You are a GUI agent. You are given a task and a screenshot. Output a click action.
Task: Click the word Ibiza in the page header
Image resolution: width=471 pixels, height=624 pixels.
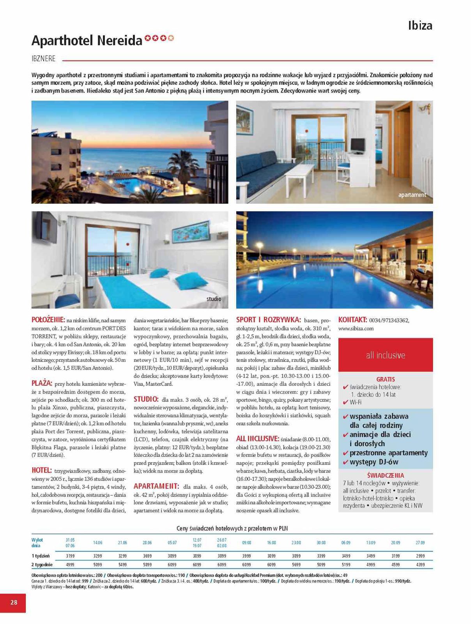click(420, 26)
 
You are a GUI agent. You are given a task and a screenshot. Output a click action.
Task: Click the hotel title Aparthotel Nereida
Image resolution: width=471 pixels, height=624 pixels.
click(87, 41)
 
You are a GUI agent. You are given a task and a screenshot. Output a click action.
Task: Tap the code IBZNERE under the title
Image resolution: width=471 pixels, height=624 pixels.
click(43, 59)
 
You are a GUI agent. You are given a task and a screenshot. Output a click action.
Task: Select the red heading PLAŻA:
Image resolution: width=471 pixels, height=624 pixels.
click(42, 383)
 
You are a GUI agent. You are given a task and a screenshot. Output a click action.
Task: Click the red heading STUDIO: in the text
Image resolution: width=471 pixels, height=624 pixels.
click(146, 399)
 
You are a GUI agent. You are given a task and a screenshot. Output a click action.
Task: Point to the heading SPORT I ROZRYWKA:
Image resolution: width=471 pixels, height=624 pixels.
click(268, 320)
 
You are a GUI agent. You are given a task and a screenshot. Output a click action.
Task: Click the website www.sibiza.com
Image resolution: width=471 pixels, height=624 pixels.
click(356, 328)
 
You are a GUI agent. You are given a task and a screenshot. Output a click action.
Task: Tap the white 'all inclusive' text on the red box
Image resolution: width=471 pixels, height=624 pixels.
click(385, 355)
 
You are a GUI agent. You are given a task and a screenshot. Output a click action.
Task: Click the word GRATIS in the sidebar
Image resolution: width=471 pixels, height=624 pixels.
click(385, 379)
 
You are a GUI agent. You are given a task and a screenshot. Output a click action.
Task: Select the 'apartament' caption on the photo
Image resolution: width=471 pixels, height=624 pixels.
click(412, 195)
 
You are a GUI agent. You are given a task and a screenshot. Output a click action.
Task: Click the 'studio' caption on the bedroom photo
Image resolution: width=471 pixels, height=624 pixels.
click(214, 299)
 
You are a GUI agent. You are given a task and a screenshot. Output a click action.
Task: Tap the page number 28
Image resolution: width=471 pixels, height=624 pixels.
click(14, 603)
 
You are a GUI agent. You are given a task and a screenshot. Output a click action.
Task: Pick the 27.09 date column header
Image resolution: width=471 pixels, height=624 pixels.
click(420, 542)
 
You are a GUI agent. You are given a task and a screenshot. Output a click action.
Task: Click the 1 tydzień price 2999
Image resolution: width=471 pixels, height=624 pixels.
click(420, 556)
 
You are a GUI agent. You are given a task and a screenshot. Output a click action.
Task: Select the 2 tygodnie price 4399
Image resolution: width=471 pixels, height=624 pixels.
click(420, 564)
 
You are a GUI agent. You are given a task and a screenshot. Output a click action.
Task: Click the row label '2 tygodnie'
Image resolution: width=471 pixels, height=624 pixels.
click(42, 564)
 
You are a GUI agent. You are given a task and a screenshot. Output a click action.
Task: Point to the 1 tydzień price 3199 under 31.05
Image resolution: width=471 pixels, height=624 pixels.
click(70, 556)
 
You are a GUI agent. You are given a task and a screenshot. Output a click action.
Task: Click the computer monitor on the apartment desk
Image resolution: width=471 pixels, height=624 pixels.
click(358, 146)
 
